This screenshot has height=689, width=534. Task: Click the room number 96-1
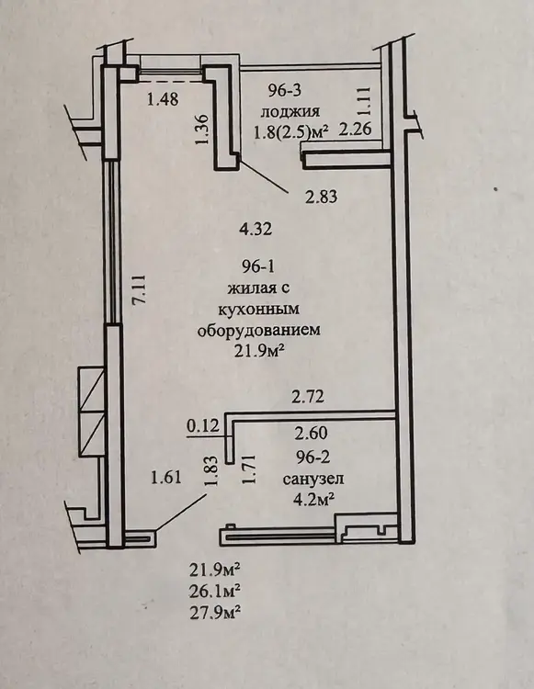257,266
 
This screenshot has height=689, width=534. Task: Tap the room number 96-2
312,457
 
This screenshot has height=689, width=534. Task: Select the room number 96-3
284,91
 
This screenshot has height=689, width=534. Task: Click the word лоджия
290,112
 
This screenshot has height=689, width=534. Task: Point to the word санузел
312,479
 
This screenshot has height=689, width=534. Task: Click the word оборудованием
259,331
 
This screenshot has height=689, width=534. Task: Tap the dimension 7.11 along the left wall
142,288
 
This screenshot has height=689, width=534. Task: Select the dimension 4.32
256,229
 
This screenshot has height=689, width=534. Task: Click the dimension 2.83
322,197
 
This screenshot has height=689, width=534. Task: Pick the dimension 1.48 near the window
163,99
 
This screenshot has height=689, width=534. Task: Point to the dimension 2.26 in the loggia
356,130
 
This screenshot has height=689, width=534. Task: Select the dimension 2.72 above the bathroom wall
308,396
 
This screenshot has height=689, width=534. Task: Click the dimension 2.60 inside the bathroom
312,434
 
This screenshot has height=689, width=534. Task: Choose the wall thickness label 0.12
202,425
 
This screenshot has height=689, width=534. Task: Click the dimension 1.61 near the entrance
165,477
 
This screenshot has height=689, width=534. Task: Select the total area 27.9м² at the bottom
215,611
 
